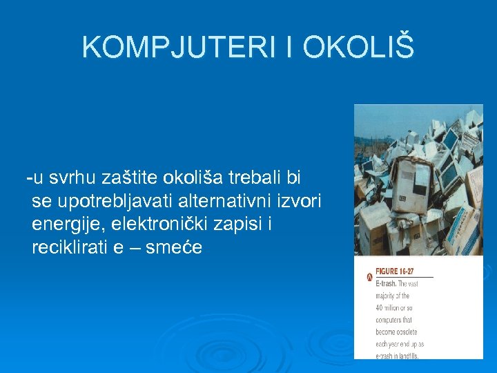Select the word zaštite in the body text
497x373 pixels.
click(130, 178)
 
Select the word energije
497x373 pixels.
click(64, 224)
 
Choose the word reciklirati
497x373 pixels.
click(70, 247)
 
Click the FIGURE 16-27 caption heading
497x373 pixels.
click(394, 271)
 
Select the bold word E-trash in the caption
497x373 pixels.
click(385, 283)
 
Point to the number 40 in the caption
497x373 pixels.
click(380, 307)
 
